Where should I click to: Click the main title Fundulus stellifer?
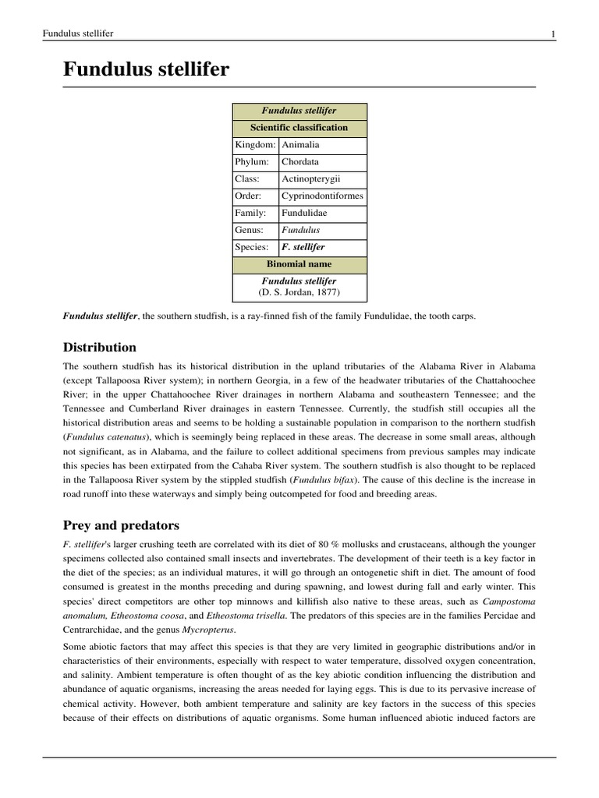pyautogui.click(x=146, y=69)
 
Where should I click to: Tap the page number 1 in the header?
pyautogui.click(x=552, y=34)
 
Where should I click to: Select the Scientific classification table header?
pyautogui.click(x=299, y=128)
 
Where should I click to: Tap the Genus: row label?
pyautogui.click(x=250, y=231)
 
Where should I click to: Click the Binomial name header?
pyautogui.click(x=299, y=265)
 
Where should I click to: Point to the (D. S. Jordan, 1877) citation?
pyautogui.click(x=299, y=293)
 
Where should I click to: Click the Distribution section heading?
pyautogui.click(x=99, y=348)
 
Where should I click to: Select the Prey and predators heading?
pyautogui.click(x=121, y=525)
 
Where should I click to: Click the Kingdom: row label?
pyautogui.click(x=255, y=145)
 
